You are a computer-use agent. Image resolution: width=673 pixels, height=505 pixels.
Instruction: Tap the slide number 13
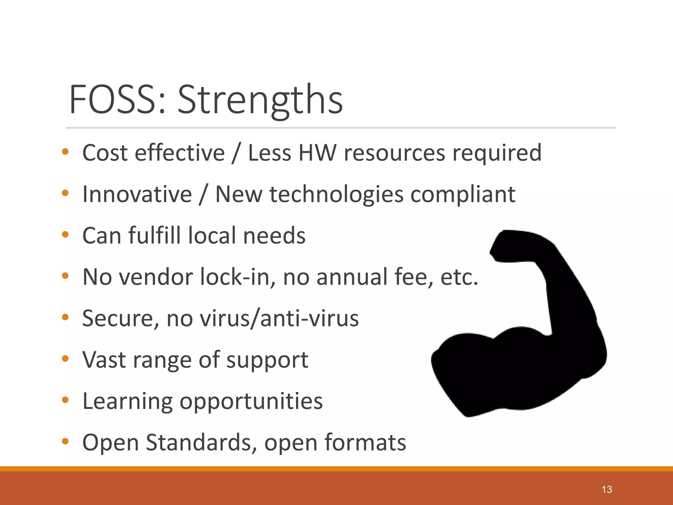[x=607, y=490]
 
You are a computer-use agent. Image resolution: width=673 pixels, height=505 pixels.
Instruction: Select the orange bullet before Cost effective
[x=65, y=152]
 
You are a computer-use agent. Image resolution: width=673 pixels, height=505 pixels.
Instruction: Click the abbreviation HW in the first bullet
[x=317, y=153]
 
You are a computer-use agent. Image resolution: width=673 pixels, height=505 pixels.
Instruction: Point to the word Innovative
[x=137, y=194]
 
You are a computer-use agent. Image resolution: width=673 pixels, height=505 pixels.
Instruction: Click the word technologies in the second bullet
[x=336, y=194]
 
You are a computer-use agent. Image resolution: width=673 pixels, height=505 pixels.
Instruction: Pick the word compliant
[x=463, y=194]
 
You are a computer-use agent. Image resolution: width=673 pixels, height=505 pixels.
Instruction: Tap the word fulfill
[x=154, y=235]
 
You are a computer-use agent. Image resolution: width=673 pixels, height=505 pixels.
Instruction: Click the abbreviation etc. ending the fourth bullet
[x=459, y=277]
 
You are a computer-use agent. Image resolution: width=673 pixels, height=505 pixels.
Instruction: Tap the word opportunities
[x=251, y=401]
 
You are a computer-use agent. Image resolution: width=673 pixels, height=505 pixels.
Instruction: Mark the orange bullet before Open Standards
[x=65, y=441]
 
